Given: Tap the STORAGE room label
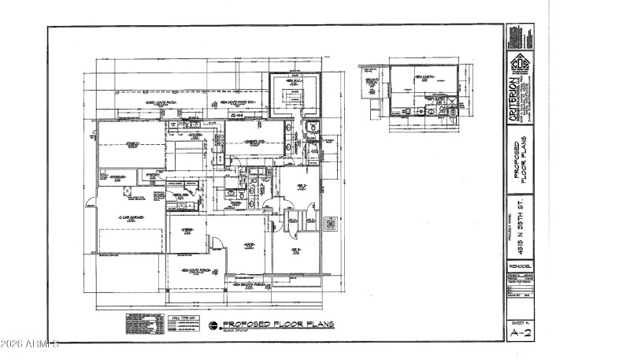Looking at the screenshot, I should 118,176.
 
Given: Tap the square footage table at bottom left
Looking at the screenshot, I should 143,324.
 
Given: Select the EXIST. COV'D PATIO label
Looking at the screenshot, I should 161,102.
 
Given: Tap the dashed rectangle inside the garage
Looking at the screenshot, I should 131,236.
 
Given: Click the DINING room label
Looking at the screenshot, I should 187,230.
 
